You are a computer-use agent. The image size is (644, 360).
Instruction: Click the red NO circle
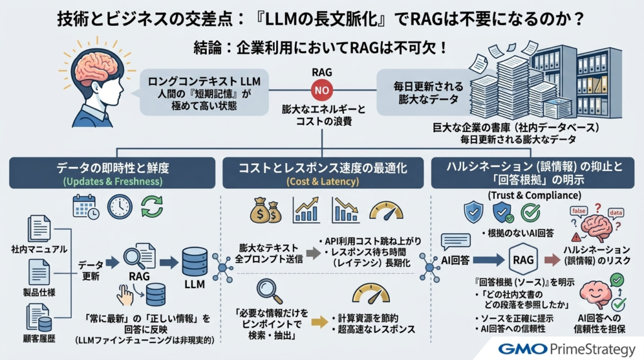321,90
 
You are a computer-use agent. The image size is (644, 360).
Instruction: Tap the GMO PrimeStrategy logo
567,349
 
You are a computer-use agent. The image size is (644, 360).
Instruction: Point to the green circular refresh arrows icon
152,206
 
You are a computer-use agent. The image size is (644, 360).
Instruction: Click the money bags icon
266,210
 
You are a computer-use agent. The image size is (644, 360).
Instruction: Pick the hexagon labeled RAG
523,260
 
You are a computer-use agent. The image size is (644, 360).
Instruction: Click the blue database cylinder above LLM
195,262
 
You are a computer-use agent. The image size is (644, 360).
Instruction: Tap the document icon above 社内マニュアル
39,228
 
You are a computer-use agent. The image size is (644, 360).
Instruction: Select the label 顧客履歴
39,339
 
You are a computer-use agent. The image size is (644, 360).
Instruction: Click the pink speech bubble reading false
579,211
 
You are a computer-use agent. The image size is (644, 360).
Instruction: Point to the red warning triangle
576,237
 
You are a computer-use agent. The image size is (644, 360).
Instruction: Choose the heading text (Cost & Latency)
323,182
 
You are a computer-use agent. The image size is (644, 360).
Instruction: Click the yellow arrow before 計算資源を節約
319,323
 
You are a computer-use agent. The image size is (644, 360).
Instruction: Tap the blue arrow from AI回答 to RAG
488,260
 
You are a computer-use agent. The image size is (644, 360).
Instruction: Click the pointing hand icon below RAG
125,295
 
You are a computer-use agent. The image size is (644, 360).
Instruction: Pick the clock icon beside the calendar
119,206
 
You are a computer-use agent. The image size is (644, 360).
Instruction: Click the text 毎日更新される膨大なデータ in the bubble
428,93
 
